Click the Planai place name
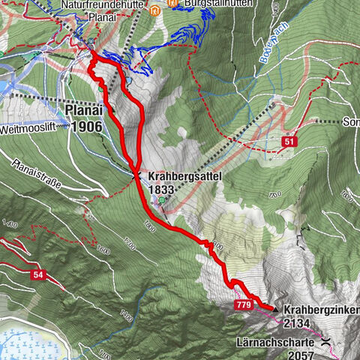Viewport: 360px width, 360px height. (x=84, y=110)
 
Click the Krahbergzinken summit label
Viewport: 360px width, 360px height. (x=319, y=310)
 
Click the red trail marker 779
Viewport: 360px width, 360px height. (x=243, y=305)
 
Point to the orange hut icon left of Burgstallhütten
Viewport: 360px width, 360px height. (x=155, y=10)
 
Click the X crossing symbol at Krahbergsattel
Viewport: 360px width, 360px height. (x=136, y=175)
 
